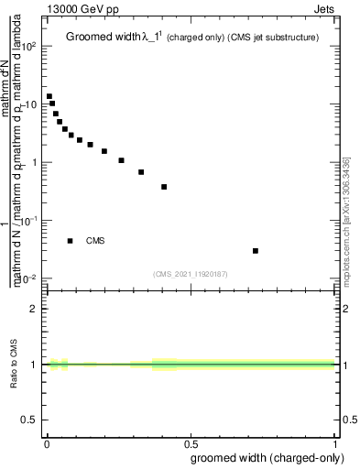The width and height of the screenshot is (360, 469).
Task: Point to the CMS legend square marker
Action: (x=71, y=241)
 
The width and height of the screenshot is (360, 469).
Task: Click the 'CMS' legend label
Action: (x=95, y=241)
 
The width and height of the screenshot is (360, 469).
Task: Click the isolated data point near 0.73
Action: (x=256, y=250)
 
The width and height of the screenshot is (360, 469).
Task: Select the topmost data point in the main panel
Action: (x=49, y=96)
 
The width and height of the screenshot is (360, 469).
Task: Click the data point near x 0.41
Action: (x=164, y=187)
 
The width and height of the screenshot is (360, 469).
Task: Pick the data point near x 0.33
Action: (x=141, y=172)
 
